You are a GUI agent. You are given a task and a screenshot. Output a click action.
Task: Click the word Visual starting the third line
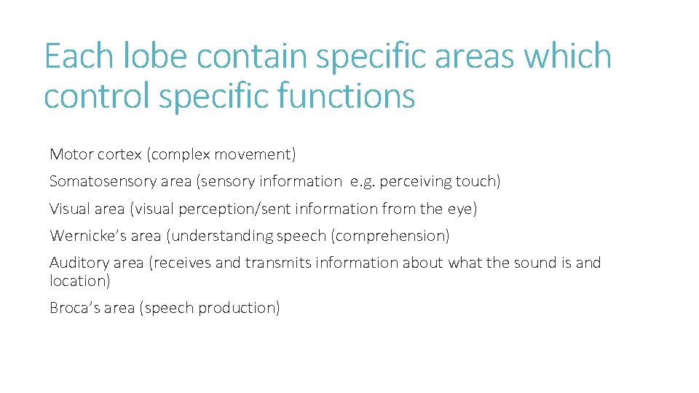[x=69, y=209]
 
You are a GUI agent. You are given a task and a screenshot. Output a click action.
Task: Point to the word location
[x=78, y=281]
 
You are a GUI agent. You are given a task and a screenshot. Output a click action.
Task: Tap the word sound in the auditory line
[x=537, y=263]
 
